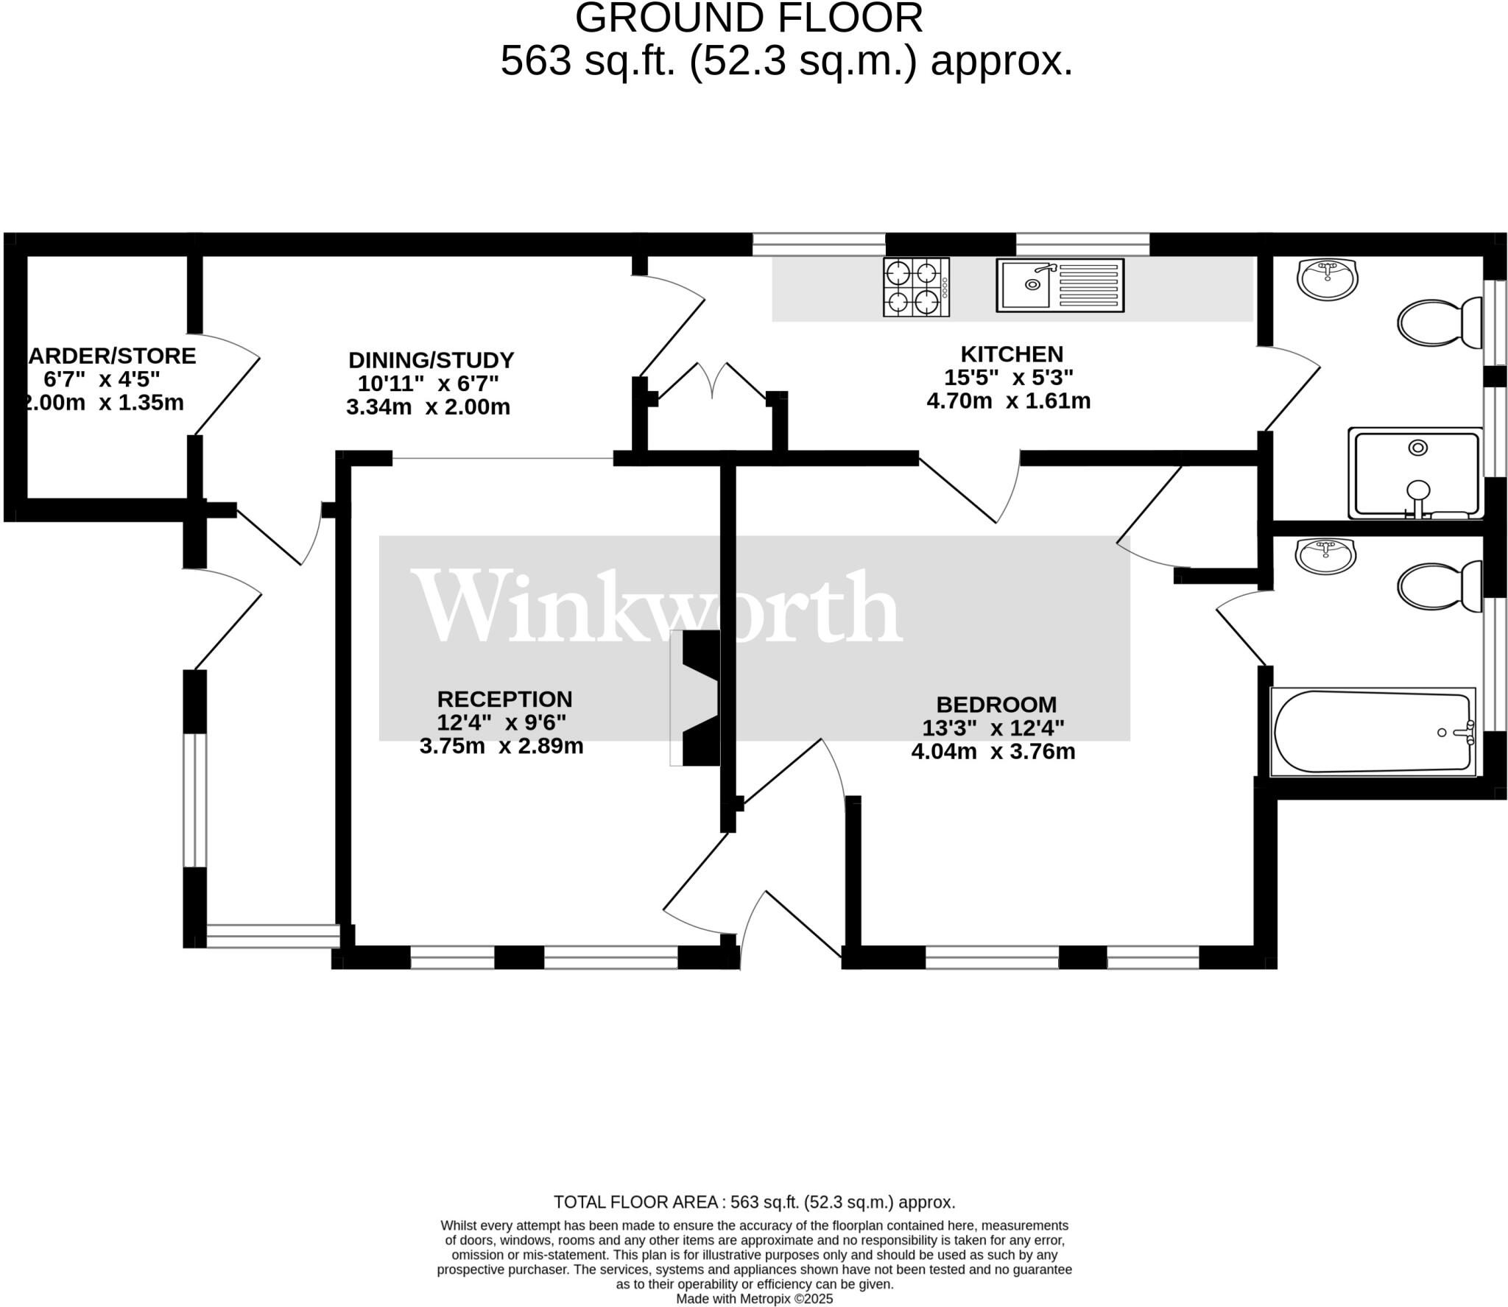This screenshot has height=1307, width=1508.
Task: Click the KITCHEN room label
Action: click(x=1011, y=354)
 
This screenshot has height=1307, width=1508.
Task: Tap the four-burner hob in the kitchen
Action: click(x=916, y=287)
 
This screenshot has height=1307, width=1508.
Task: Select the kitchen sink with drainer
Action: click(x=1060, y=285)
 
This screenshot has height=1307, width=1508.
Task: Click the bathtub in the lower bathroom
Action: click(x=1373, y=731)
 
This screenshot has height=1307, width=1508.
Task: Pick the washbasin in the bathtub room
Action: click(x=1325, y=555)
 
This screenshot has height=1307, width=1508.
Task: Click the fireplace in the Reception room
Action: click(x=700, y=698)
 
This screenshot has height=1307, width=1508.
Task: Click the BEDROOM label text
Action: click(x=996, y=705)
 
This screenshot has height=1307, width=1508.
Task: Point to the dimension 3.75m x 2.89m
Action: click(x=501, y=746)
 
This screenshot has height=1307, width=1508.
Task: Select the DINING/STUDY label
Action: click(x=431, y=360)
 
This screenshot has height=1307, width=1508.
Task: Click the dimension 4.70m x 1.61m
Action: click(x=1008, y=401)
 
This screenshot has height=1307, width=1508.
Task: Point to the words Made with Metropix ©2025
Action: click(x=754, y=1299)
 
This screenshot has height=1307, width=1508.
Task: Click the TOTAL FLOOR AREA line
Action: click(x=754, y=1202)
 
